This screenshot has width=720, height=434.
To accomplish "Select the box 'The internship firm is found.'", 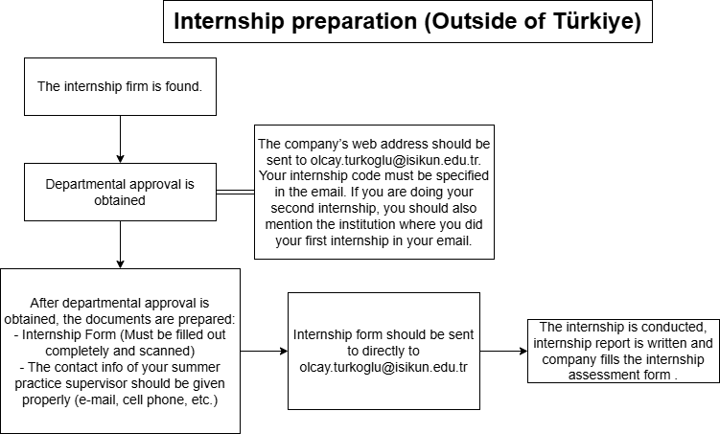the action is [120, 87].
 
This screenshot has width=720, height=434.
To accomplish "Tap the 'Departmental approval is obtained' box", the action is [120, 193].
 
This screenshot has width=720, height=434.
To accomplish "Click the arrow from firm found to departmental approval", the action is [120, 140].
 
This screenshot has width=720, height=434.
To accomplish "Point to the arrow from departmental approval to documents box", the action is [120, 245].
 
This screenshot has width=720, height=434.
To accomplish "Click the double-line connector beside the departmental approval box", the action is [235, 193].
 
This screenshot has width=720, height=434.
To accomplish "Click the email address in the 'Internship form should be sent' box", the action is [383, 368].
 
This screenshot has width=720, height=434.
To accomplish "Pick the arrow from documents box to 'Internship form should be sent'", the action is [264, 352].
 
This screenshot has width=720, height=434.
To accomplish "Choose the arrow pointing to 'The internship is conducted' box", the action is [503, 352].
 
